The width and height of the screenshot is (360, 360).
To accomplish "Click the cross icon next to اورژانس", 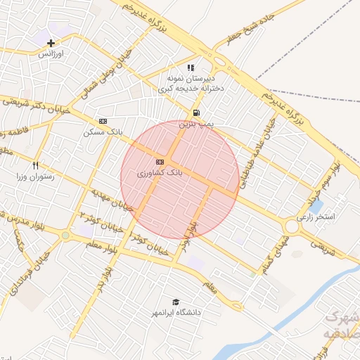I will pyautogui.click(x=51, y=43).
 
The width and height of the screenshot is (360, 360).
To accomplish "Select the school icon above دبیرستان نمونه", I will pyautogui.click(x=191, y=68).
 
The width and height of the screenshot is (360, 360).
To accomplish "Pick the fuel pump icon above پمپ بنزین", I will pyautogui.click(x=195, y=112).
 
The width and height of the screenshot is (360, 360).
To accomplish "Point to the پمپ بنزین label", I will pyautogui.click(x=195, y=124).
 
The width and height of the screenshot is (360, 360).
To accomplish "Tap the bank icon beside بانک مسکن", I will pyautogui.click(x=103, y=121).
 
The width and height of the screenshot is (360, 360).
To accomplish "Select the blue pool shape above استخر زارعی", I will pyautogui.click(x=316, y=207).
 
